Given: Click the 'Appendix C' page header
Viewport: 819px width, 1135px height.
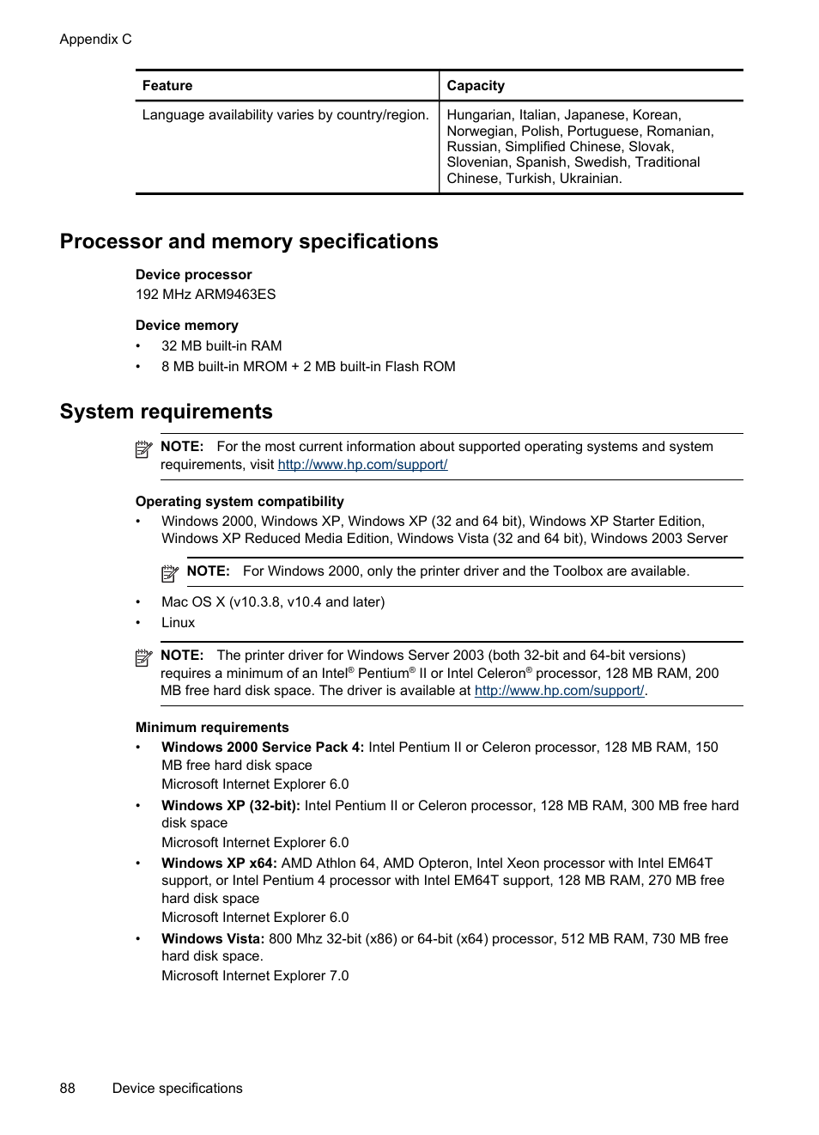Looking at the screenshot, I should (95, 40).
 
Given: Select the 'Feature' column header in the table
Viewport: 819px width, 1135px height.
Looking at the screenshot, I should (167, 86).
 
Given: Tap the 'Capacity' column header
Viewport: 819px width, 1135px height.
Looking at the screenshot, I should (476, 86).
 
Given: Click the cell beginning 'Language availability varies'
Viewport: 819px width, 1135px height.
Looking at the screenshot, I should (285, 115).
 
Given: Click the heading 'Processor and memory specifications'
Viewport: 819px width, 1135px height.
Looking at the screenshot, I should (249, 241).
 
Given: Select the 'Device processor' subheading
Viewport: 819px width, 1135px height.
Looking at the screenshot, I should (193, 275).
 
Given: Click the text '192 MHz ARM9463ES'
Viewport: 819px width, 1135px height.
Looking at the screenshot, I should (205, 295).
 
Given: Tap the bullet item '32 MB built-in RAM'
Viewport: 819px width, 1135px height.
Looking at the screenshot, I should (221, 346).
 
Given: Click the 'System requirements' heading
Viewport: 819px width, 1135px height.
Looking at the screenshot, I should (166, 412).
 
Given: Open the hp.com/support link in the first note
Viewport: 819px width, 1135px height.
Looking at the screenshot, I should (362, 465).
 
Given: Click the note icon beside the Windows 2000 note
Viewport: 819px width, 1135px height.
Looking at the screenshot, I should (170, 572).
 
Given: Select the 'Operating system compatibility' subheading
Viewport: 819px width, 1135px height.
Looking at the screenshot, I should (240, 502).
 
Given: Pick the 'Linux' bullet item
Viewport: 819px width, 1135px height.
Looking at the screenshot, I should (178, 623).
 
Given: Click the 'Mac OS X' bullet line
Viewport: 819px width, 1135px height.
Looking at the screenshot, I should (272, 602).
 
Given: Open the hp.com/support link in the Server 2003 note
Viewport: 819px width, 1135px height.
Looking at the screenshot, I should (559, 691).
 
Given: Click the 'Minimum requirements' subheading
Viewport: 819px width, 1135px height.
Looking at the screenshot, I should (212, 728).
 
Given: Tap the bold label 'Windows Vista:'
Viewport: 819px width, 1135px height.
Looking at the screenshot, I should (213, 939).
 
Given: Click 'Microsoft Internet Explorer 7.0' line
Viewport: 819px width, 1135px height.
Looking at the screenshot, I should (255, 976).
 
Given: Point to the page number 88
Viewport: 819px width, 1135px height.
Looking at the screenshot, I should (68, 1089).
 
